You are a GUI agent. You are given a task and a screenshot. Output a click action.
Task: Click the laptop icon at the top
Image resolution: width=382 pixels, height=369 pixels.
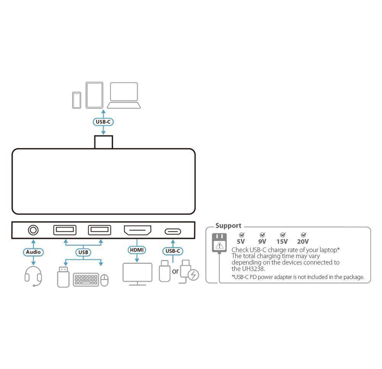(x=124, y=96)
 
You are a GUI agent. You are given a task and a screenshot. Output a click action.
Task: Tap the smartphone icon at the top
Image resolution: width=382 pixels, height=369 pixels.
(x=77, y=99)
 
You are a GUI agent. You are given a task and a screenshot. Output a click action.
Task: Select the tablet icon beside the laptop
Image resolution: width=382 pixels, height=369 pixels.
(x=94, y=95)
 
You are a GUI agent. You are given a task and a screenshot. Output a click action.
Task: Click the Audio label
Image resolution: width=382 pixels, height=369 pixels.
(x=33, y=252)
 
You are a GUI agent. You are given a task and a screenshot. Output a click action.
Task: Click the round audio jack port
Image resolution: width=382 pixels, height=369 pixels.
(x=34, y=230)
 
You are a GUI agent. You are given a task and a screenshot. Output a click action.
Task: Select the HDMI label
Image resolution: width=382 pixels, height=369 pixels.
(x=137, y=250)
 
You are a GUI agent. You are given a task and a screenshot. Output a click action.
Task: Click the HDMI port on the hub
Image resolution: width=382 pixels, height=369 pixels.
(x=137, y=231)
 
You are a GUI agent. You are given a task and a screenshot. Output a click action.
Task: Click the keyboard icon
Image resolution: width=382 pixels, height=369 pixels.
(x=86, y=280)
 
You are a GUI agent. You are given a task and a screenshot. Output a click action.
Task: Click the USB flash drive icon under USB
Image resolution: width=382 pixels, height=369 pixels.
(x=63, y=277)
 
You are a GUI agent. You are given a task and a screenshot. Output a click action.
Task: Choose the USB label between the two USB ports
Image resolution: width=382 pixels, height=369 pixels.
(x=83, y=252)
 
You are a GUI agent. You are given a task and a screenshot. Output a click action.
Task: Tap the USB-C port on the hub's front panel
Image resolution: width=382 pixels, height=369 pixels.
(x=173, y=231)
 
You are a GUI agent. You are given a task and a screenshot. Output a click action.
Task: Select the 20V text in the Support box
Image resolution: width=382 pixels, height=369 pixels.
(x=303, y=242)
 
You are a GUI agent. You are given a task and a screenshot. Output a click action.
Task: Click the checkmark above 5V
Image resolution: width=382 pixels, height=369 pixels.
(x=241, y=235)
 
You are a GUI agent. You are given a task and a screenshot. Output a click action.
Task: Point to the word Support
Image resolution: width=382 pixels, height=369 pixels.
(x=228, y=226)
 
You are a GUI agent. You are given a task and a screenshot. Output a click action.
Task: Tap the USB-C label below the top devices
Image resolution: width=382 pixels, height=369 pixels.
(x=104, y=122)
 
